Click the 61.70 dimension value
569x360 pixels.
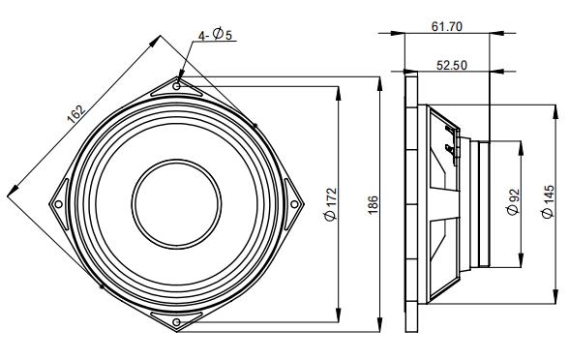point(447,27)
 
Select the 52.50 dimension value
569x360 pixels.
point(451,66)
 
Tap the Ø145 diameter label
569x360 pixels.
point(549,201)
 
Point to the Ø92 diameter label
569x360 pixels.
point(513,202)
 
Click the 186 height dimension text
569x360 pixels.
point(374,205)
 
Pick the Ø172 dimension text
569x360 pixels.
point(331,204)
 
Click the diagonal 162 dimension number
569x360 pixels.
point(76,114)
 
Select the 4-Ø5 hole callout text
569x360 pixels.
point(215,35)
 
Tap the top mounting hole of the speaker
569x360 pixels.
point(177,86)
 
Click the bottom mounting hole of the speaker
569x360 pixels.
point(176,322)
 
